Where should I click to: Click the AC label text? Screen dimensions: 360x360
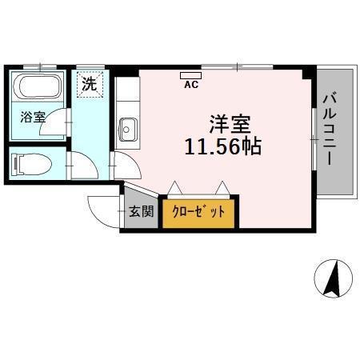(x=190, y=82)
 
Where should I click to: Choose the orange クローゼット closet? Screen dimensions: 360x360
(x=200, y=212)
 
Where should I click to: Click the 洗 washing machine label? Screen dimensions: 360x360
(x=90, y=82)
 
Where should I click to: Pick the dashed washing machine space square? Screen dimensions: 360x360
(x=90, y=84)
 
